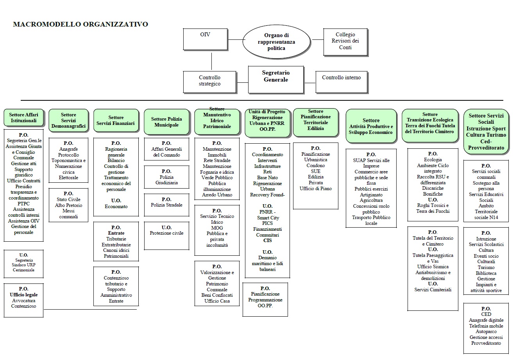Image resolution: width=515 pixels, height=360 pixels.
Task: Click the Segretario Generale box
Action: point(275,79)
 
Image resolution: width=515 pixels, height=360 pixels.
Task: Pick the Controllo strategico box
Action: point(209,81)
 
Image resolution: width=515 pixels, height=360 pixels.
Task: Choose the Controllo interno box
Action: point(341,82)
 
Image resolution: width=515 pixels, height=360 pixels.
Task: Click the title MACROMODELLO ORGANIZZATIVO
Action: point(80,24)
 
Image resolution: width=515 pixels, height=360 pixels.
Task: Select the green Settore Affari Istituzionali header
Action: point(23,118)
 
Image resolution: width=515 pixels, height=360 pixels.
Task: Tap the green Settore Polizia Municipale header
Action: point(166,122)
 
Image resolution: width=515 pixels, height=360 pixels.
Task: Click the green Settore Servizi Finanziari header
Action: point(116,121)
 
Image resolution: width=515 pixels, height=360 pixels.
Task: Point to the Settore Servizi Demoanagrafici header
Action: point(68,121)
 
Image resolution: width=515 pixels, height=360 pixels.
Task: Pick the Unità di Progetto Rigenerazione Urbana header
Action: point(267,121)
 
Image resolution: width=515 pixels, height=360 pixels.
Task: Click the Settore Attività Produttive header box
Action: point(371,126)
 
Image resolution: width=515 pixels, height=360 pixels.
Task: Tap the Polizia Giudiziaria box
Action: point(166,177)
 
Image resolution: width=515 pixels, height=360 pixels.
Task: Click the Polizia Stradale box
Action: point(166,205)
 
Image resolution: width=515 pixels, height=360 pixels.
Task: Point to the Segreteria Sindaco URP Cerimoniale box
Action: point(23,263)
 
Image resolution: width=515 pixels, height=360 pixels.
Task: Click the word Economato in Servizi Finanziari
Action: point(116,207)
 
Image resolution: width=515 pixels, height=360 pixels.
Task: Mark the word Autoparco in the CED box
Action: point(486,331)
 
